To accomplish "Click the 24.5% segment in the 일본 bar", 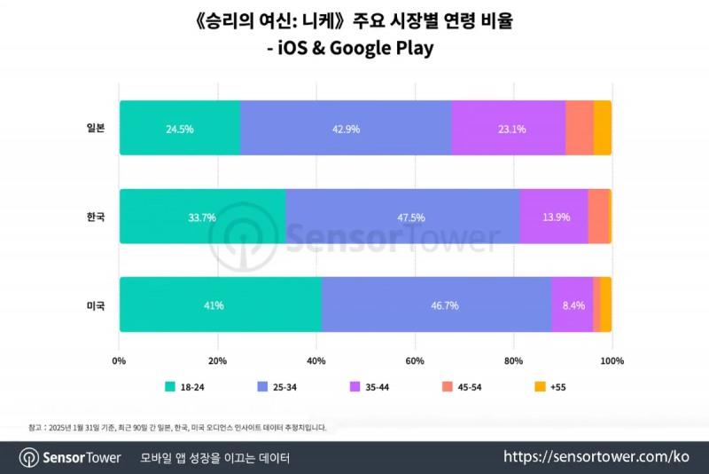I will (179, 128).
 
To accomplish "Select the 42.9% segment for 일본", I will (345, 128).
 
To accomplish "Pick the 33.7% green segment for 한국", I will (202, 217).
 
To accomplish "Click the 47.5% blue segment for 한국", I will (402, 217).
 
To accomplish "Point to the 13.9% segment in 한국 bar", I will (554, 217).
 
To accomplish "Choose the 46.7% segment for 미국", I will (436, 304).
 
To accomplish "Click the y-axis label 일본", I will (95, 128).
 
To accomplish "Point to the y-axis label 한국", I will (95, 217).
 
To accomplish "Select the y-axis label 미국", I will (95, 304).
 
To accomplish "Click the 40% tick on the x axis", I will (316, 361).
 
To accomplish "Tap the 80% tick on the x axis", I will (513, 361).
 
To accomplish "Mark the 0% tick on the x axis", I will (120, 361).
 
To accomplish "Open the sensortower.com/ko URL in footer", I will (596, 457).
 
